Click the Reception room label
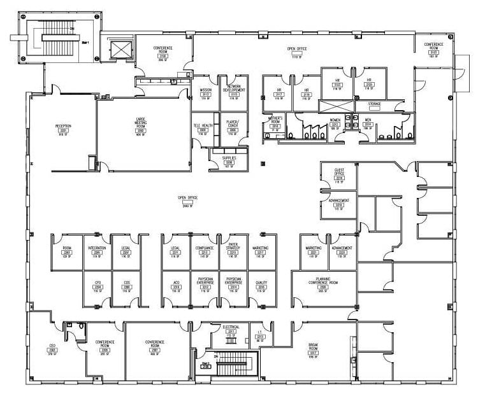[x=62, y=126]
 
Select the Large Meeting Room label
[x=141, y=122]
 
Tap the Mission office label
[x=205, y=91]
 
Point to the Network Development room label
[x=233, y=90]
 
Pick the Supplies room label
[x=229, y=158]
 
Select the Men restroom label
[x=367, y=119]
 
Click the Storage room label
[x=374, y=103]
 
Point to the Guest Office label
[x=339, y=172]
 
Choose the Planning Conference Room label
[x=323, y=281]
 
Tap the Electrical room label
[x=231, y=327]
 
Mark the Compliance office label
[x=204, y=249]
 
